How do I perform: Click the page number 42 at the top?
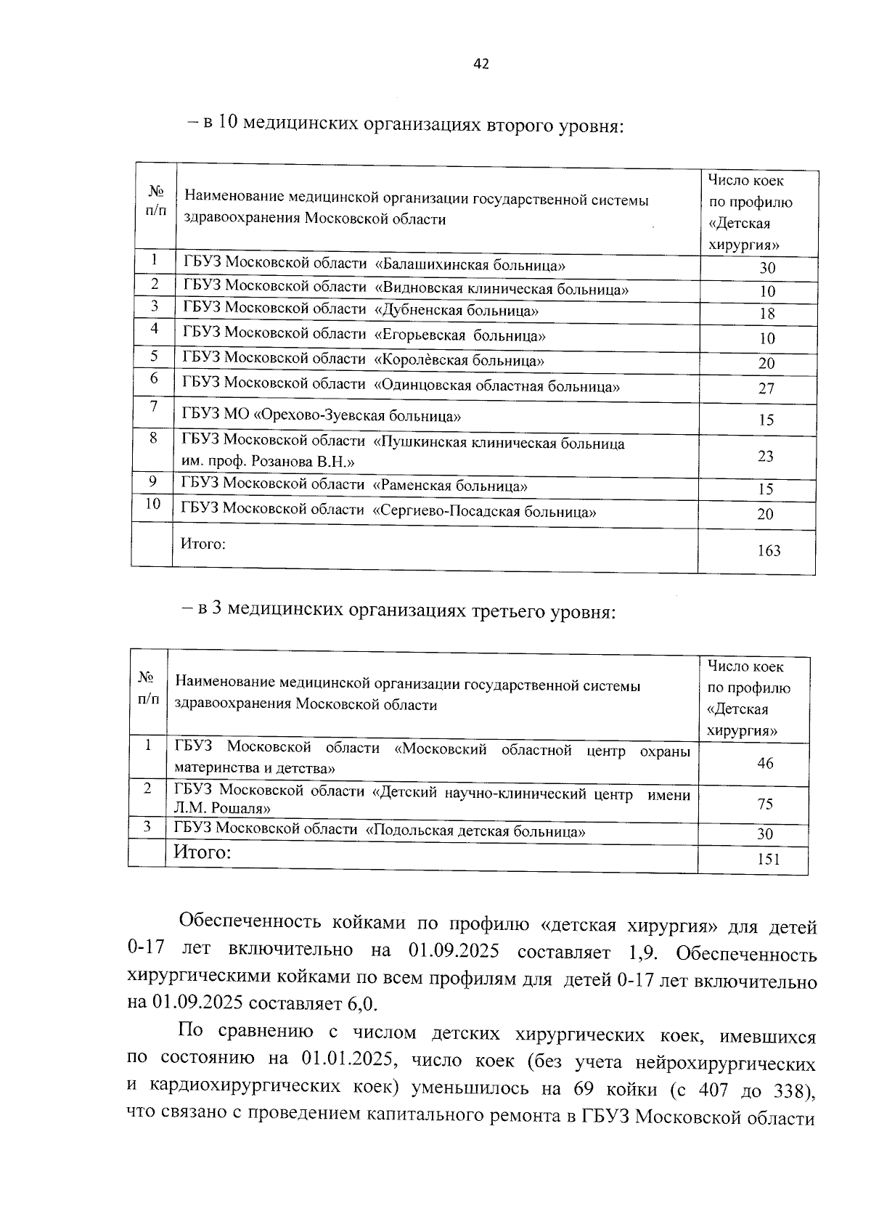(x=481, y=64)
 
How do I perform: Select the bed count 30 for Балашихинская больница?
(x=767, y=268)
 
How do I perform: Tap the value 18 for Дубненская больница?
(x=767, y=314)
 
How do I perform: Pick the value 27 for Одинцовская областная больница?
(x=766, y=388)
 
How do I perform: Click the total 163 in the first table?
(x=768, y=550)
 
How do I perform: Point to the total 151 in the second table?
(x=767, y=860)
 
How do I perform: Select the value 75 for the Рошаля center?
(x=765, y=804)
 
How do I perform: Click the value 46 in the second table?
(x=765, y=763)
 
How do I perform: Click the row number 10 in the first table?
(x=152, y=503)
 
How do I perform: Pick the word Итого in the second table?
(x=202, y=852)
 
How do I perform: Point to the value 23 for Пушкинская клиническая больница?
(x=766, y=456)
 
